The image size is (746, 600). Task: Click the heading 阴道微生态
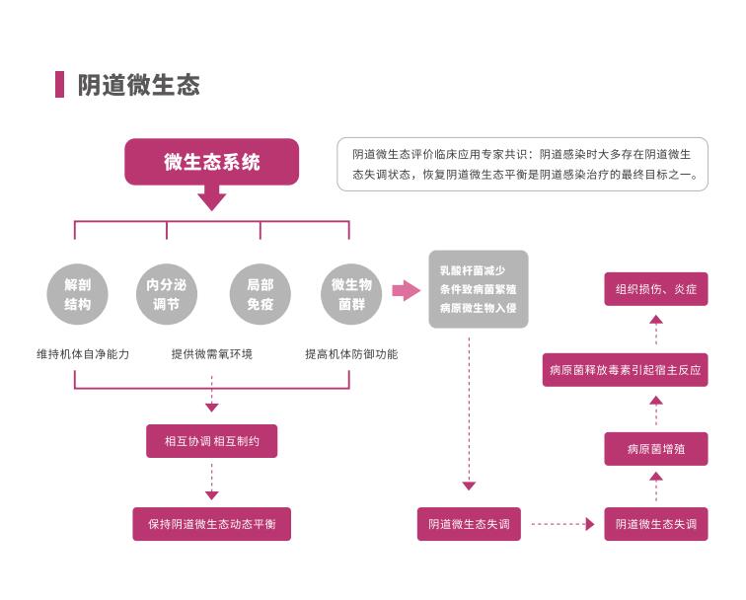coord(139,85)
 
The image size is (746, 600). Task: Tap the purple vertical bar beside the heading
coord(60,85)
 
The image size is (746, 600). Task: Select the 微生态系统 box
coord(211,162)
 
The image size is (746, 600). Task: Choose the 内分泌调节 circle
coord(166,294)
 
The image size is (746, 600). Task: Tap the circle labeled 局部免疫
coord(260,294)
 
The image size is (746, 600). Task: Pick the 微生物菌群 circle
coord(351,294)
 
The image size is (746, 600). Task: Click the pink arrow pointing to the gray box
coord(406,290)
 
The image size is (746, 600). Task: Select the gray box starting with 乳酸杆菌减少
coord(478,289)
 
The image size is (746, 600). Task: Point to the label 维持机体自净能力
coord(83,353)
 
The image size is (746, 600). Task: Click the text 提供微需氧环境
coord(211,353)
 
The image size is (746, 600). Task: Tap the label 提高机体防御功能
coord(351,353)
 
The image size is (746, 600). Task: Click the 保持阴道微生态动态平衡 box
coord(211,523)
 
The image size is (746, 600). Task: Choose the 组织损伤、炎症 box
coord(656,289)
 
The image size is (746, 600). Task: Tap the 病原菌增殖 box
coord(656,448)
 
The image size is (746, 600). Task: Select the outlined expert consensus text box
coord(522,164)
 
